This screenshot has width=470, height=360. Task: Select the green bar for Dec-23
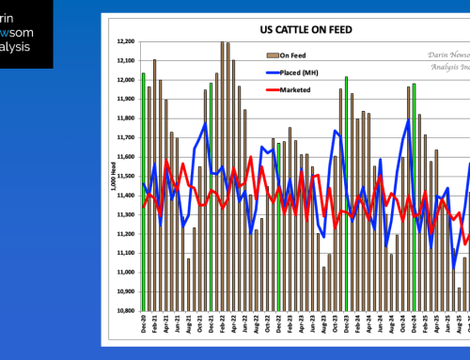pos(346,188)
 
